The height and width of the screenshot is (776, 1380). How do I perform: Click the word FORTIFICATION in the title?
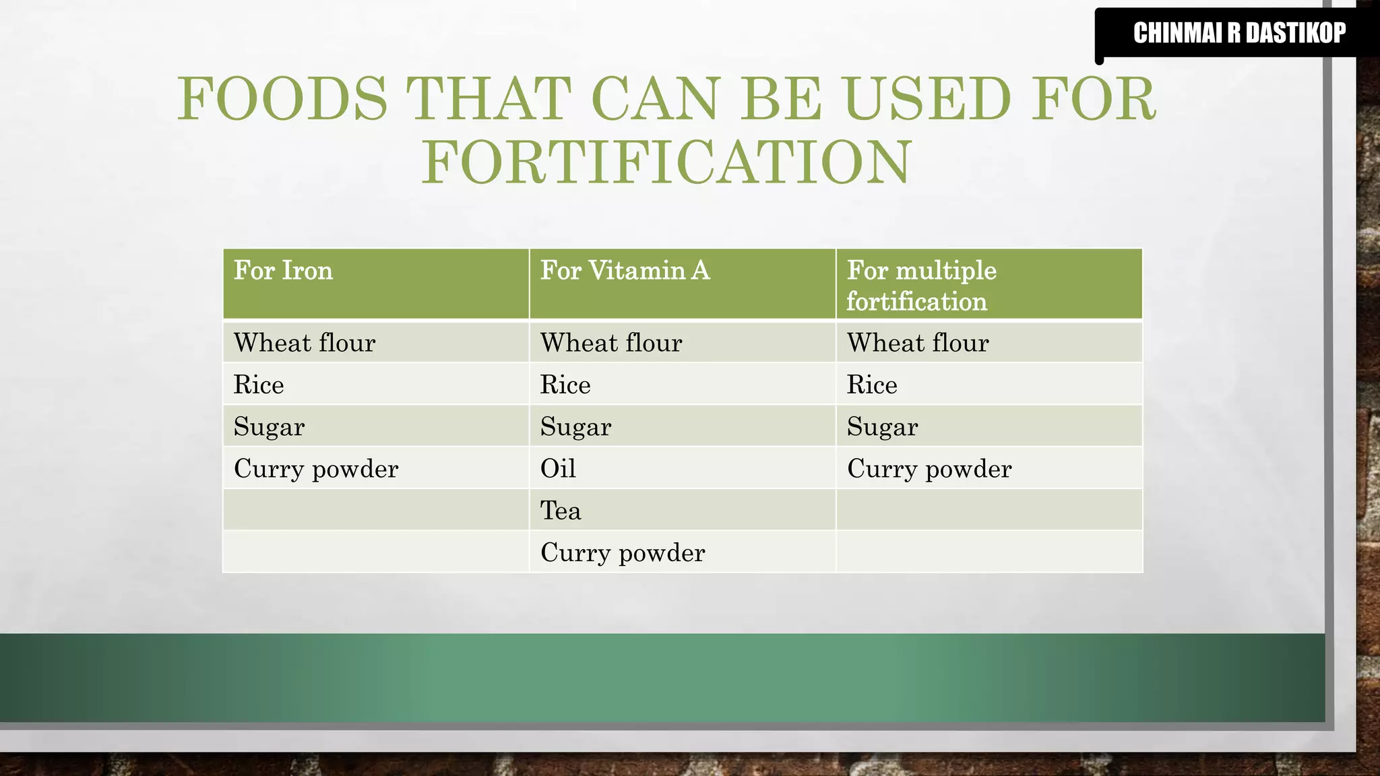(x=666, y=162)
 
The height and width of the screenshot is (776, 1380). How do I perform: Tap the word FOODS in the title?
(x=282, y=99)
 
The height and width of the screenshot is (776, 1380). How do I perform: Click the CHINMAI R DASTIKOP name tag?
(x=1238, y=33)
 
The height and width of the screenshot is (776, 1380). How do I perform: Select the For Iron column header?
(x=283, y=271)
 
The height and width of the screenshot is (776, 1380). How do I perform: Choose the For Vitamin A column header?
(x=625, y=271)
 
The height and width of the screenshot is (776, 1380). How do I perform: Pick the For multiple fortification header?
(x=921, y=286)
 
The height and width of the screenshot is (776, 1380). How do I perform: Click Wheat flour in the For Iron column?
(x=305, y=343)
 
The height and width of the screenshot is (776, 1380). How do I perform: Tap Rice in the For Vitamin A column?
(x=565, y=385)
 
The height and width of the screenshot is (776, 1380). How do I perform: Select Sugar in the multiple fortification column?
(x=882, y=427)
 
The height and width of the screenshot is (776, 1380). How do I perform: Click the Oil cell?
(x=558, y=469)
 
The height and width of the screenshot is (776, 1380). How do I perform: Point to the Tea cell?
(x=561, y=511)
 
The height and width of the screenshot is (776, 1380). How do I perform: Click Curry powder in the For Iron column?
(x=316, y=469)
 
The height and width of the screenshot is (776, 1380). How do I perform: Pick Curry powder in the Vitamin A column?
(x=623, y=553)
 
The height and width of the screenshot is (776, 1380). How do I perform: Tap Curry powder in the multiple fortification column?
(x=929, y=469)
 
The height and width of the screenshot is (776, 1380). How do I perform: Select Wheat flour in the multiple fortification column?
(x=918, y=343)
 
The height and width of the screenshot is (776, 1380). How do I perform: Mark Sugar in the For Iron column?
(x=269, y=427)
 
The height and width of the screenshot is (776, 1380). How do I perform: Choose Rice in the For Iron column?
(x=259, y=385)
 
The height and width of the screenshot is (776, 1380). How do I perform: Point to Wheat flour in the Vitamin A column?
(x=611, y=343)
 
